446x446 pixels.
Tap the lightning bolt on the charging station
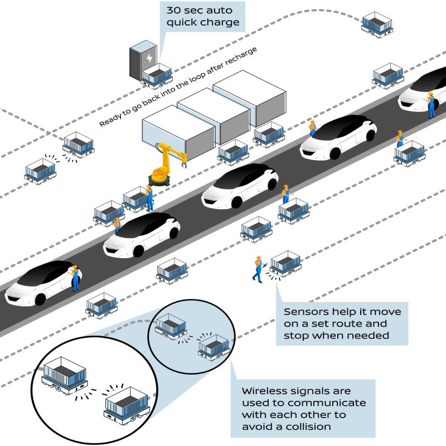[x=149, y=58]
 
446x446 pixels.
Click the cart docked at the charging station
[x=157, y=76]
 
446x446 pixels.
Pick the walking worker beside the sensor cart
[x=258, y=269]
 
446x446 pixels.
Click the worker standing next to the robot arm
[x=149, y=198]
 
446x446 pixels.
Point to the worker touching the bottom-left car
[x=75, y=278]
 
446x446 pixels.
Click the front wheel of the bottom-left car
[x=40, y=299]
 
